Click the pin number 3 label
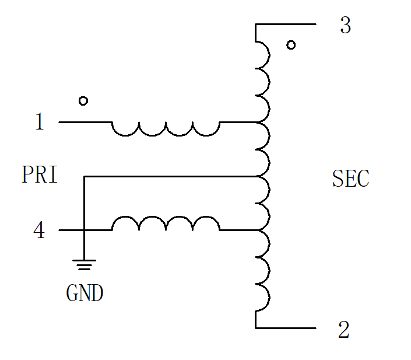coord(346,25)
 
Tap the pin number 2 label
coord(343,329)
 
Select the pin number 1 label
coord(40,121)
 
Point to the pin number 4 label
coord(39,229)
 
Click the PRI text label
coord(40,174)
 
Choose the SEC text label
coord(351,179)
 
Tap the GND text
coord(85,293)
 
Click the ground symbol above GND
coord(84,265)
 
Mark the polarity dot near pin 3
coord(291,45)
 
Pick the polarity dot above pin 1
coord(83,101)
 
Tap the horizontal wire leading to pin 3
coord(286,24)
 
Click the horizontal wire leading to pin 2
coord(286,328)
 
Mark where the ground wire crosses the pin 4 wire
coord(84,230)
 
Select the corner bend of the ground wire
coord(84,177)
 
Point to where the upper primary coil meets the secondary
coord(258,123)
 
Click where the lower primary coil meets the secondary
coord(258,230)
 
